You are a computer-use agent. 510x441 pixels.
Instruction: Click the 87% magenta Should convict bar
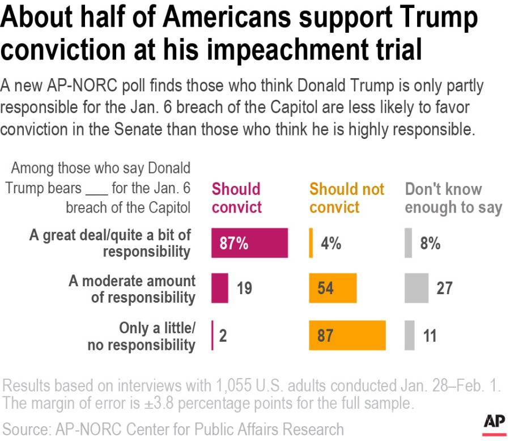(x=249, y=243)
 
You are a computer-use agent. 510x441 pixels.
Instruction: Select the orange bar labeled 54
(x=333, y=288)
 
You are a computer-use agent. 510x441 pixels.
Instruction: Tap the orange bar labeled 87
(x=347, y=335)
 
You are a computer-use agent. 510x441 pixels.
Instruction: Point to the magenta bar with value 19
(x=220, y=288)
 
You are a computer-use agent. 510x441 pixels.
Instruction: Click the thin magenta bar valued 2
(x=212, y=335)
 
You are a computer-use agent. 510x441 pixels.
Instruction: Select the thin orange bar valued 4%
(x=311, y=243)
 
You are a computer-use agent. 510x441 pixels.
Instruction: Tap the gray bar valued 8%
(x=408, y=243)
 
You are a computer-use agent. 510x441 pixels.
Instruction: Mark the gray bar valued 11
(x=409, y=335)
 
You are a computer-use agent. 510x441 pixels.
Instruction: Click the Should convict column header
(x=236, y=198)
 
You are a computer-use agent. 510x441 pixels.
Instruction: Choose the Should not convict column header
(x=346, y=198)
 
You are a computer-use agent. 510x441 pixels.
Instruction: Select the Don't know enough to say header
(x=453, y=198)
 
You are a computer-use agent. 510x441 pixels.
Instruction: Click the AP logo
(x=494, y=422)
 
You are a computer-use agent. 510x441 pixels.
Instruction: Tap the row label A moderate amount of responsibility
(x=132, y=289)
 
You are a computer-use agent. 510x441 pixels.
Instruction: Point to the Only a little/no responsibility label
(x=141, y=336)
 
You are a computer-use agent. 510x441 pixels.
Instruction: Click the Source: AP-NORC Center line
(x=173, y=428)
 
